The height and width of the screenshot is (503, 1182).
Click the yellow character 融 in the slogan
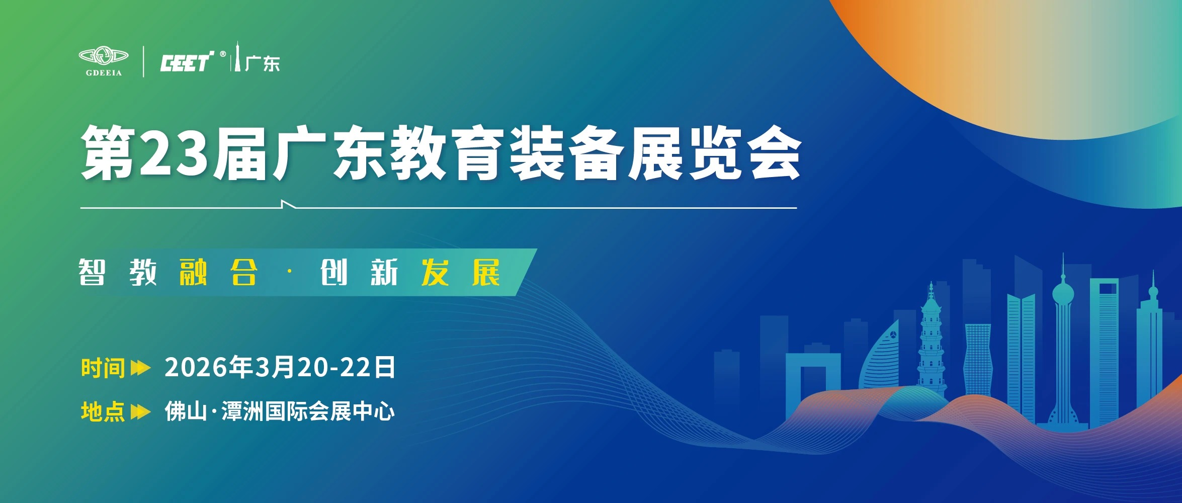193,273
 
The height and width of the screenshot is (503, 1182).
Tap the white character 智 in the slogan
92,273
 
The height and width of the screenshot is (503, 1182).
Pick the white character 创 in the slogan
334,273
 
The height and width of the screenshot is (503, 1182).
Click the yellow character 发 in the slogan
435,273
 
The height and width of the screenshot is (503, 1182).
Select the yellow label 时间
103,368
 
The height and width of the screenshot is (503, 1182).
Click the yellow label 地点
103,411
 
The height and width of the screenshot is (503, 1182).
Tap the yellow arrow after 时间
140,368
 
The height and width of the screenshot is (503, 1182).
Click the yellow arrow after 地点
140,412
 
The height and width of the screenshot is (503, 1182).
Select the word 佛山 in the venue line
186,411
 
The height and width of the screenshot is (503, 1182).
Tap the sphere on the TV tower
1063,293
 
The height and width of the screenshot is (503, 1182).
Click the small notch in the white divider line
288,204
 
